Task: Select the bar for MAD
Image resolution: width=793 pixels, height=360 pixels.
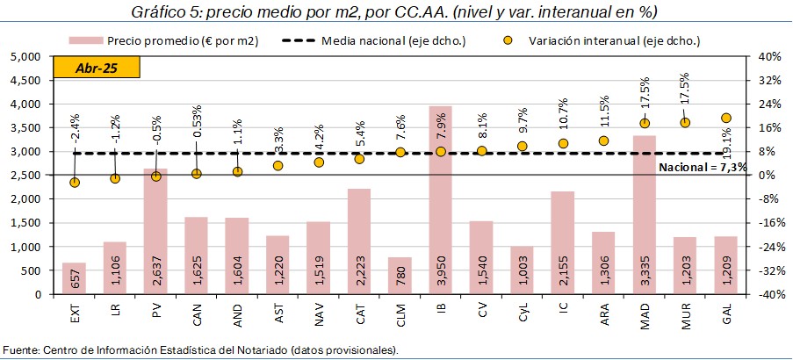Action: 644,215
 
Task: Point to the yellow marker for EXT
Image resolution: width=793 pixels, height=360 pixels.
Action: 75,183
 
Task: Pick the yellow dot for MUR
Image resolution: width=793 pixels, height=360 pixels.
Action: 685,123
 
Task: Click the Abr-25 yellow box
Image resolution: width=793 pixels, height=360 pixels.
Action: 96,68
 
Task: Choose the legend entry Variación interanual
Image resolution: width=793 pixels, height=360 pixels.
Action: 580,40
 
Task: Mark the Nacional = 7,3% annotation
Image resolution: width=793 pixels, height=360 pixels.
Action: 702,166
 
